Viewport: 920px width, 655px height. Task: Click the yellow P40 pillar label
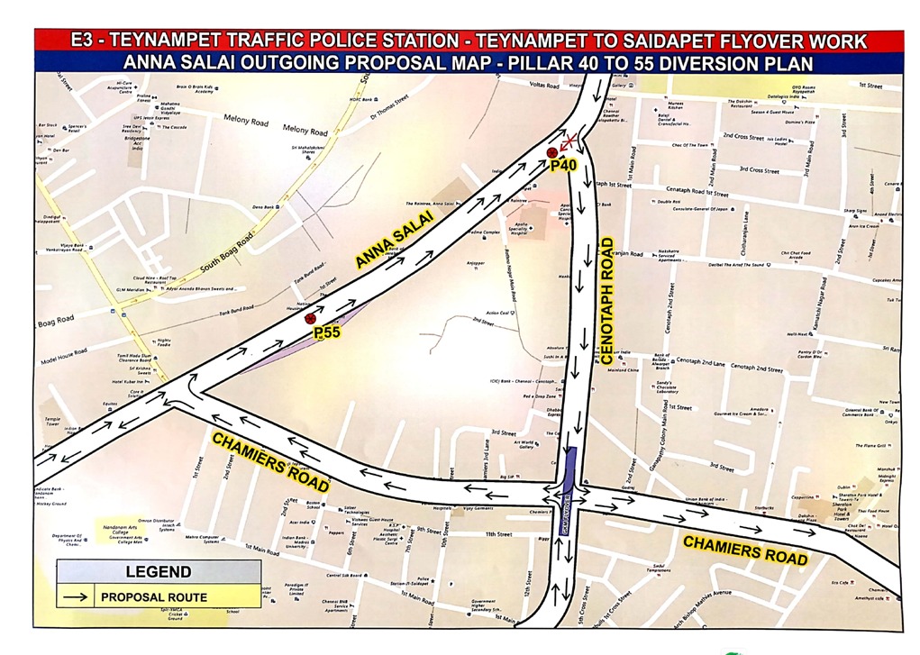click(x=563, y=165)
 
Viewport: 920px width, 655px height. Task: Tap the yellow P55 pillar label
click(x=326, y=332)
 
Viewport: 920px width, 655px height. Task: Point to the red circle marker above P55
click(x=310, y=318)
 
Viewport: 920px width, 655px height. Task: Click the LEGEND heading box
click(x=159, y=571)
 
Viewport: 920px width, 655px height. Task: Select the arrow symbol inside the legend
click(x=77, y=596)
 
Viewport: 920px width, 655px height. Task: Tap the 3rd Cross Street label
click(x=759, y=169)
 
